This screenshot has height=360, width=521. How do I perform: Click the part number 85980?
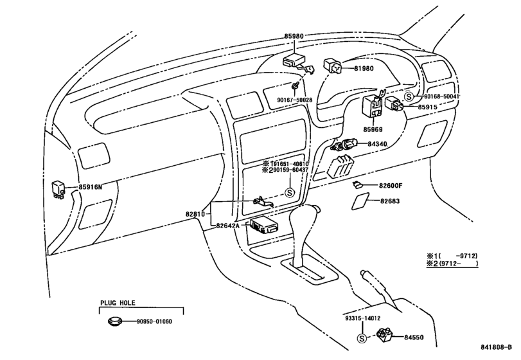(x=294, y=36)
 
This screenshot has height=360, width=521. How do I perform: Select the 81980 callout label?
(x=364, y=69)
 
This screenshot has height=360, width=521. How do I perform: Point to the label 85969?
(x=373, y=130)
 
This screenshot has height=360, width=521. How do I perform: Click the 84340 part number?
(x=378, y=144)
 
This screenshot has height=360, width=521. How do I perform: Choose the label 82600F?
(x=391, y=186)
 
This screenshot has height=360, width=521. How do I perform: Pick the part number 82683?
(x=390, y=201)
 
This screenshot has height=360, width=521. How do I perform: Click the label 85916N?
(x=91, y=187)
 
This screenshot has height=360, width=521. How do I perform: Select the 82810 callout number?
(x=195, y=215)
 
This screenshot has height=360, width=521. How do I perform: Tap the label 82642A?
(x=227, y=226)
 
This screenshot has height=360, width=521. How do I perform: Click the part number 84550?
(x=414, y=337)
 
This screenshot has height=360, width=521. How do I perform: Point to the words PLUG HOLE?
(x=118, y=303)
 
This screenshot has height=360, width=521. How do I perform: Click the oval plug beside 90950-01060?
(x=114, y=321)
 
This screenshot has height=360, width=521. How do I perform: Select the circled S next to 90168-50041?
(x=409, y=96)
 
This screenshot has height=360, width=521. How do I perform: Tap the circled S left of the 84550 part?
(x=362, y=338)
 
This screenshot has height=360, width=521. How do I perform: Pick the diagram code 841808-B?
(x=496, y=347)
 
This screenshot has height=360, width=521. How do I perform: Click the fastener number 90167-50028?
(x=296, y=100)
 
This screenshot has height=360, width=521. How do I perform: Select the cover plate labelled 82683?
(x=360, y=201)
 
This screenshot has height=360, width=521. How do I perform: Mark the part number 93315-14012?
(x=362, y=318)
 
